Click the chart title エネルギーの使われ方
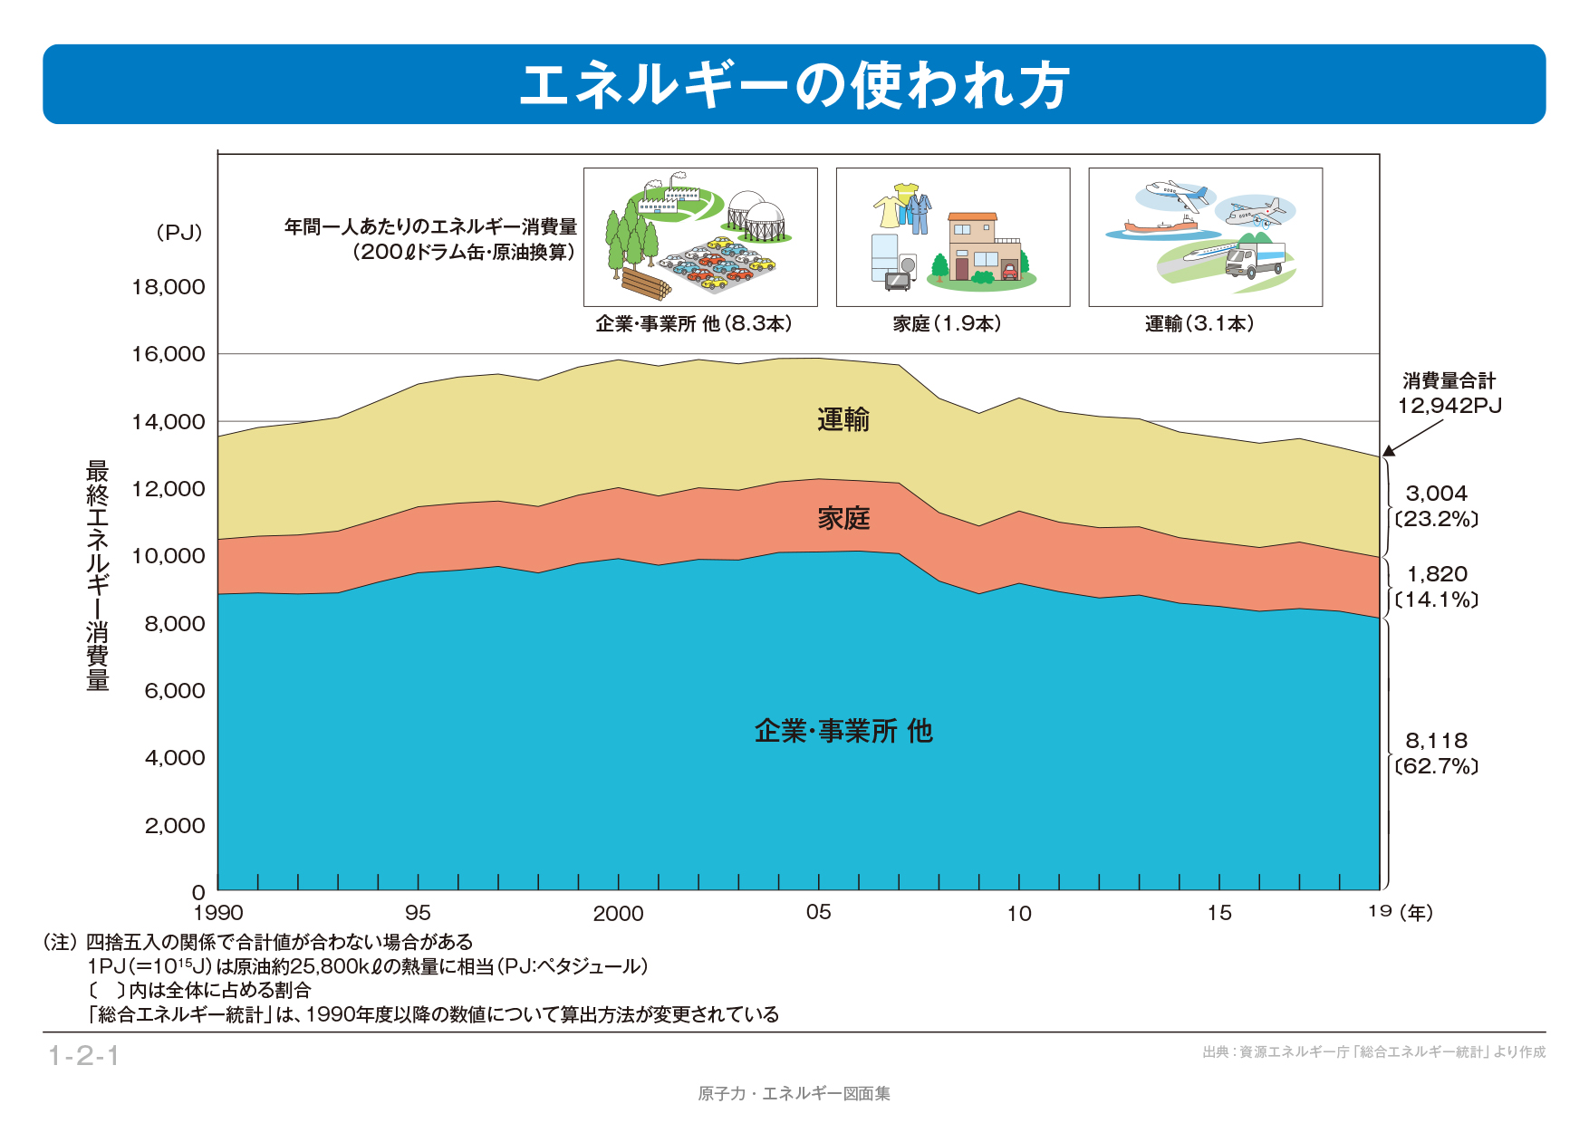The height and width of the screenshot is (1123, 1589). pos(794,85)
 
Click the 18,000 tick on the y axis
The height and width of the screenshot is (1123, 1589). pos(169,287)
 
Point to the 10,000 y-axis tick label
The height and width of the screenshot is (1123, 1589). pos(169,556)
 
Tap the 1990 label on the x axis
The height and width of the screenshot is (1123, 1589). pos(218,913)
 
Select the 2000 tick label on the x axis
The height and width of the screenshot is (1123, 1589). pos(618,913)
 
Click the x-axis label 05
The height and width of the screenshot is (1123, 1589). pos(818,912)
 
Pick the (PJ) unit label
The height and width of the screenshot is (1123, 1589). pos(178,233)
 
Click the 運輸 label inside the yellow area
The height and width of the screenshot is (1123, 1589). pos(843,419)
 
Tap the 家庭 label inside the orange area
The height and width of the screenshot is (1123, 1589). pos(843,518)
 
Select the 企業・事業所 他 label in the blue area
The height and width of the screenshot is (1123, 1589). pos(843,731)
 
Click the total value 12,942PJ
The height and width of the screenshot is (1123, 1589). pos(1449,406)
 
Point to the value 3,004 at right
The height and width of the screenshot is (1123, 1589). pos(1436,494)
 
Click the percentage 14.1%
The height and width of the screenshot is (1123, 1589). pos(1437,600)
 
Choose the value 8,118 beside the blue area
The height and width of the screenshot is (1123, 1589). pos(1436,741)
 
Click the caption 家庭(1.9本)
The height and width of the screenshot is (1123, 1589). pos(947,324)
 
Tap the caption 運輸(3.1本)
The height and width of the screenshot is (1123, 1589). pos(1199,324)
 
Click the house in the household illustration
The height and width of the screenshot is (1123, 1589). pos(984,246)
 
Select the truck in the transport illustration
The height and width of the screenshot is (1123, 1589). pos(1255,261)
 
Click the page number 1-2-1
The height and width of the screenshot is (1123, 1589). pos(83,1056)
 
